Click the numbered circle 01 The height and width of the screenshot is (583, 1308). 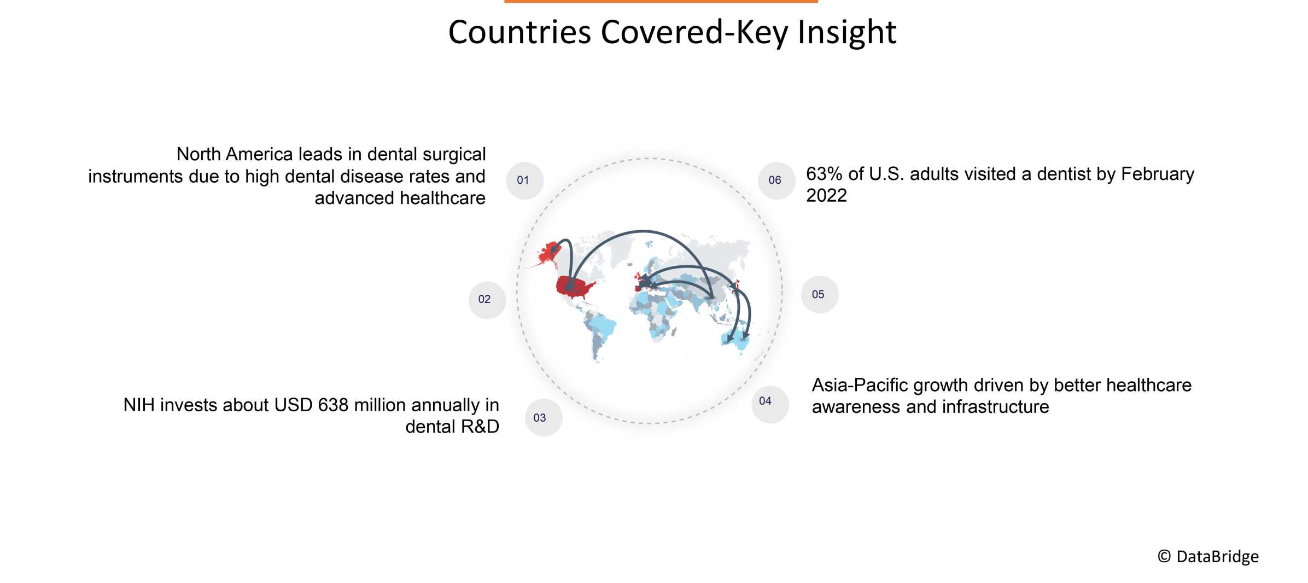pyautogui.click(x=524, y=180)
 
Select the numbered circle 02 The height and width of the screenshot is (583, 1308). pyautogui.click(x=487, y=300)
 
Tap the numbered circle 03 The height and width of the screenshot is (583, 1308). pyautogui.click(x=543, y=418)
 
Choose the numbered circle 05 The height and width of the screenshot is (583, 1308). pyautogui.click(x=819, y=295)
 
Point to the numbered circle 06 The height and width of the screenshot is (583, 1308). pyautogui.click(x=776, y=180)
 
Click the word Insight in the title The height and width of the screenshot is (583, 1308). pyautogui.click(x=846, y=32)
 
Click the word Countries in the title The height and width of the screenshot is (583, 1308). pyautogui.click(x=519, y=32)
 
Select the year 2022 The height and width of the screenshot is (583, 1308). pyautogui.click(x=826, y=196)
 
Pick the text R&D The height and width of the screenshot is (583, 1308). pyautogui.click(x=479, y=427)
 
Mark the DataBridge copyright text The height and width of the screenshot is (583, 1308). pyautogui.click(x=1208, y=557)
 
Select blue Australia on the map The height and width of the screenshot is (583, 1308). pyautogui.click(x=736, y=339)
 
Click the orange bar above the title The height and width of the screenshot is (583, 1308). pyautogui.click(x=661, y=2)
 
